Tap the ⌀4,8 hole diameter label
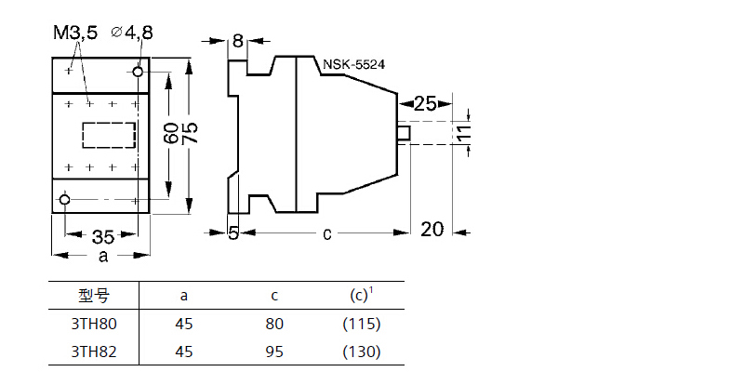pos(132,33)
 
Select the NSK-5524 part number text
pos(354,64)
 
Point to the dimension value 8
pos(237,41)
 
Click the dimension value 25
pos(425,103)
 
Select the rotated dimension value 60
pos(172,132)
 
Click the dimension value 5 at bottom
pos(233,233)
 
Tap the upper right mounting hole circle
pos(139,71)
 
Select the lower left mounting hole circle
pos(64,199)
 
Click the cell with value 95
pos(274,352)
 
